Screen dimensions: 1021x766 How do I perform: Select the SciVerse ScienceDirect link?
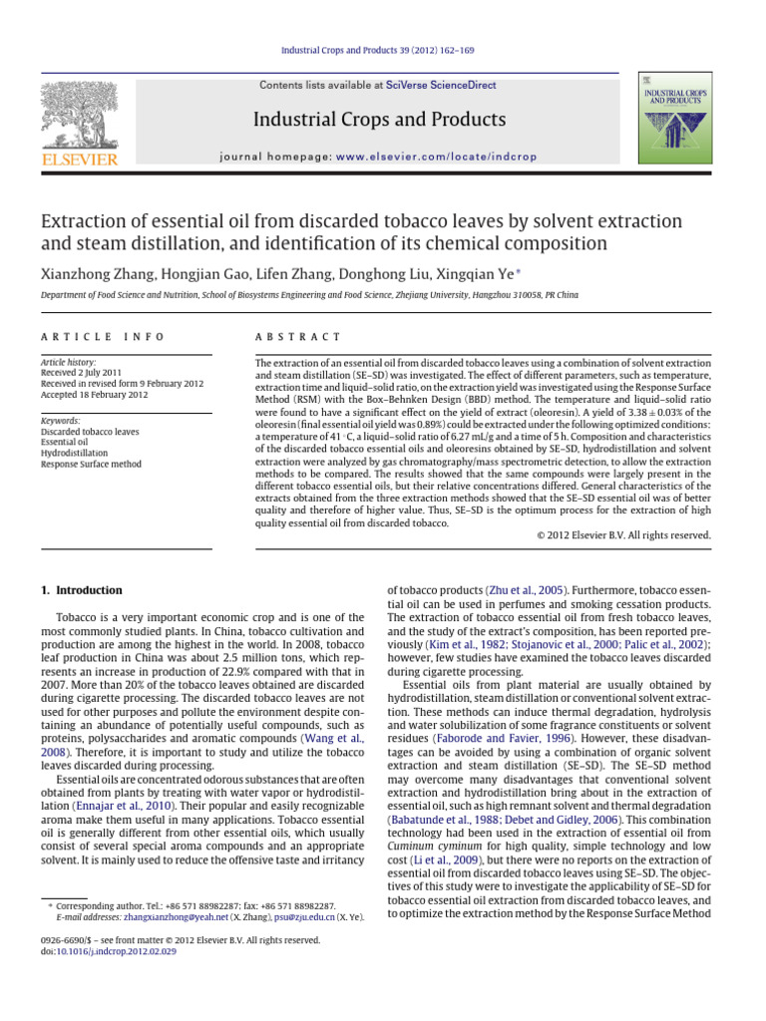click(443, 86)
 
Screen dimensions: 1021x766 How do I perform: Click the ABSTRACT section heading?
click(298, 338)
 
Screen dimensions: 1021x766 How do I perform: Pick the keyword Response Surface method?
click(91, 464)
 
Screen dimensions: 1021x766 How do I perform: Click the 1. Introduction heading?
click(82, 590)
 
